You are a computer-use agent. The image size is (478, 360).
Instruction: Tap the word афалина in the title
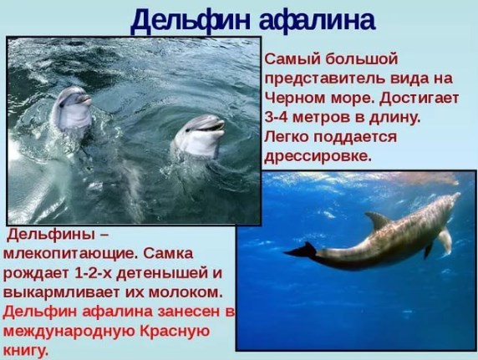[x=318, y=19]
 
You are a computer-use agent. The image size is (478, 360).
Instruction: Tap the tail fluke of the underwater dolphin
[x=301, y=251]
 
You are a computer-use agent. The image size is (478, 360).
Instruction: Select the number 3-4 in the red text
[x=277, y=118]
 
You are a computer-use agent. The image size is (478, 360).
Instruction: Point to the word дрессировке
[x=318, y=157]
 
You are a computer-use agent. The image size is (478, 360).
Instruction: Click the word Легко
[x=287, y=137]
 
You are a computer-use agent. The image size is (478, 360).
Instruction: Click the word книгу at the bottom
[x=26, y=351]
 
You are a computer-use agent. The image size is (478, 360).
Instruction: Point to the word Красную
[x=175, y=331]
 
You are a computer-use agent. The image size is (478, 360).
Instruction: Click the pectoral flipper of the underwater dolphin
[x=445, y=241]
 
